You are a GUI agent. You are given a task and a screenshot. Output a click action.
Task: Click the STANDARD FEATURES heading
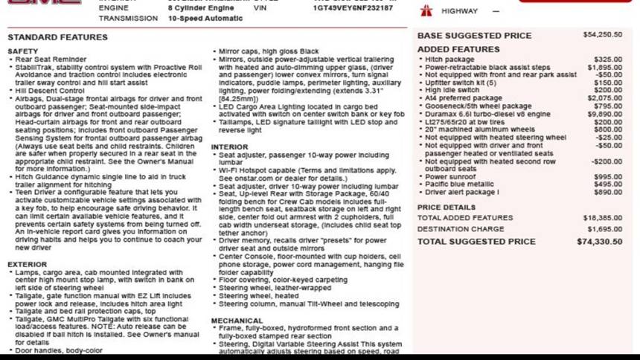(57, 36)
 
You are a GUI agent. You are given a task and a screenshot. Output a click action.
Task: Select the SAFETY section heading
(22, 51)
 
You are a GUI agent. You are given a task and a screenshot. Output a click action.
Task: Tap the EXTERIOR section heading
(27, 264)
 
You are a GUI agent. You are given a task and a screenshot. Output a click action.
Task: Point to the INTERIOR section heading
(230, 147)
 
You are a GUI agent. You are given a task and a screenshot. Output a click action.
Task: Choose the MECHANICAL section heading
(237, 321)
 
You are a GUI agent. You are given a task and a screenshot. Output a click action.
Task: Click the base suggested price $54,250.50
(603, 35)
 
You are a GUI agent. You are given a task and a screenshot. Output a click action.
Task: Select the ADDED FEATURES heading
(458, 49)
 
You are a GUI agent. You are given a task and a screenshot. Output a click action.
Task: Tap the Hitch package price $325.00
(608, 60)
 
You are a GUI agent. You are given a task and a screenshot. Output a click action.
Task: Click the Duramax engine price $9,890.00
(605, 114)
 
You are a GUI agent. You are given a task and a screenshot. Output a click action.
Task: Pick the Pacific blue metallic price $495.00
(608, 184)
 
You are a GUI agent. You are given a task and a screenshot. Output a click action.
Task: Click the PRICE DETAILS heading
(446, 208)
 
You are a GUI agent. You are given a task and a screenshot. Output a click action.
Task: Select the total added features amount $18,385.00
(604, 218)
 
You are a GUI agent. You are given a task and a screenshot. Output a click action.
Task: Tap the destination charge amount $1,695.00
(605, 229)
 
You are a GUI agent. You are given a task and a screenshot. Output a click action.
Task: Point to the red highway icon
(426, 11)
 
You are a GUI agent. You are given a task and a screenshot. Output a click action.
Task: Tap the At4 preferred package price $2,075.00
(605, 98)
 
